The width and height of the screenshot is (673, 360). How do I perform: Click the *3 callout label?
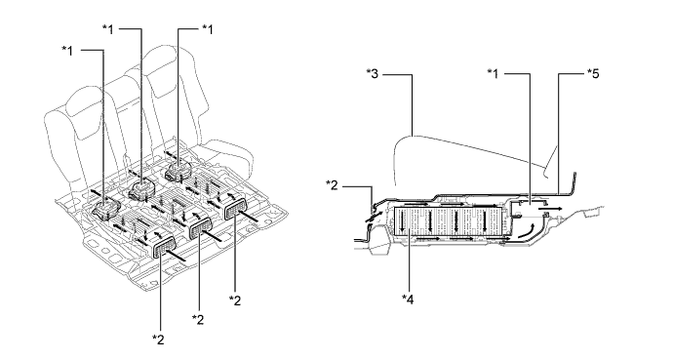click(x=373, y=74)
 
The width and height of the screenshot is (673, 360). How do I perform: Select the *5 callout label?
click(x=593, y=74)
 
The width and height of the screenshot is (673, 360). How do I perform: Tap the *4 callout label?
click(x=408, y=300)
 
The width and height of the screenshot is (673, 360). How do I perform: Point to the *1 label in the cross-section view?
click(x=494, y=74)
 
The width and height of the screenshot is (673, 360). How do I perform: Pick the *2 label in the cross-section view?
click(x=332, y=185)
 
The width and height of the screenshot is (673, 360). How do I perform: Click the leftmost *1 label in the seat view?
click(x=67, y=51)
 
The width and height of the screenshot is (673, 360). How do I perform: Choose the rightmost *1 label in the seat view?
click(x=208, y=29)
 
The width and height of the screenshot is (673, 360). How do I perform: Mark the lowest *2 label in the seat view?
click(x=158, y=340)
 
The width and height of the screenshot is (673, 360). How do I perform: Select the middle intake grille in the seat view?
click(x=200, y=227)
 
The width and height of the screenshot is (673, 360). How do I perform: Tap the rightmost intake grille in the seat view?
click(x=235, y=209)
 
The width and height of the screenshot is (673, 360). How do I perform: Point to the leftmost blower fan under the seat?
click(x=105, y=209)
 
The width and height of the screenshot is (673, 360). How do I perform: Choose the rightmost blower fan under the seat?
click(x=179, y=171)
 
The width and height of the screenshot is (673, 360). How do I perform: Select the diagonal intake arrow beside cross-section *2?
click(x=373, y=217)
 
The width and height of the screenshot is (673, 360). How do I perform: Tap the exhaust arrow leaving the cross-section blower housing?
click(x=549, y=208)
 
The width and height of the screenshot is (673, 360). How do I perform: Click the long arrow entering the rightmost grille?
click(x=248, y=215)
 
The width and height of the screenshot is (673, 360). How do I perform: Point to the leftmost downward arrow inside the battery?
click(x=403, y=221)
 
